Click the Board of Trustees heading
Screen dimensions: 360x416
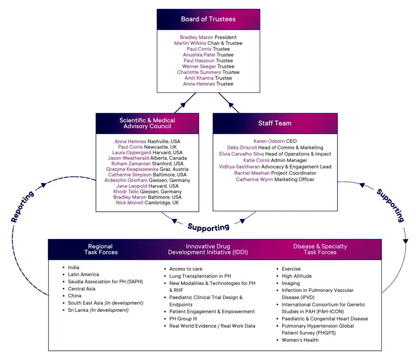[x=208, y=19]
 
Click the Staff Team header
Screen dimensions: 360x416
[x=275, y=123]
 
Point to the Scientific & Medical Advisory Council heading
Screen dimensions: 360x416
[x=147, y=123]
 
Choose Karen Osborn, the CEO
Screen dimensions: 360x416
[x=269, y=141]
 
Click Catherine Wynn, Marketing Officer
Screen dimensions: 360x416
[x=254, y=179]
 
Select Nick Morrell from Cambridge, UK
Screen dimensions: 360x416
[x=130, y=203]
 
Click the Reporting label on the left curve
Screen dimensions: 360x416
[x=22, y=207]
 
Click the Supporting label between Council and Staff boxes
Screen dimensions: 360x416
[x=208, y=227]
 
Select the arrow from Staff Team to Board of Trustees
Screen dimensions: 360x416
[x=228, y=103]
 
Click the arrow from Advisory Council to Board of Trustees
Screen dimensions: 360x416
[x=185, y=103]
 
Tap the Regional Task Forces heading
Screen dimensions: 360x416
[x=101, y=249]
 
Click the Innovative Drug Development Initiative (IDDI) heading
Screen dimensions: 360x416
[x=208, y=249]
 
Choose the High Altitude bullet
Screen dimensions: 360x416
[x=297, y=276]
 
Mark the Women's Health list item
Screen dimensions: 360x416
[x=300, y=340]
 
